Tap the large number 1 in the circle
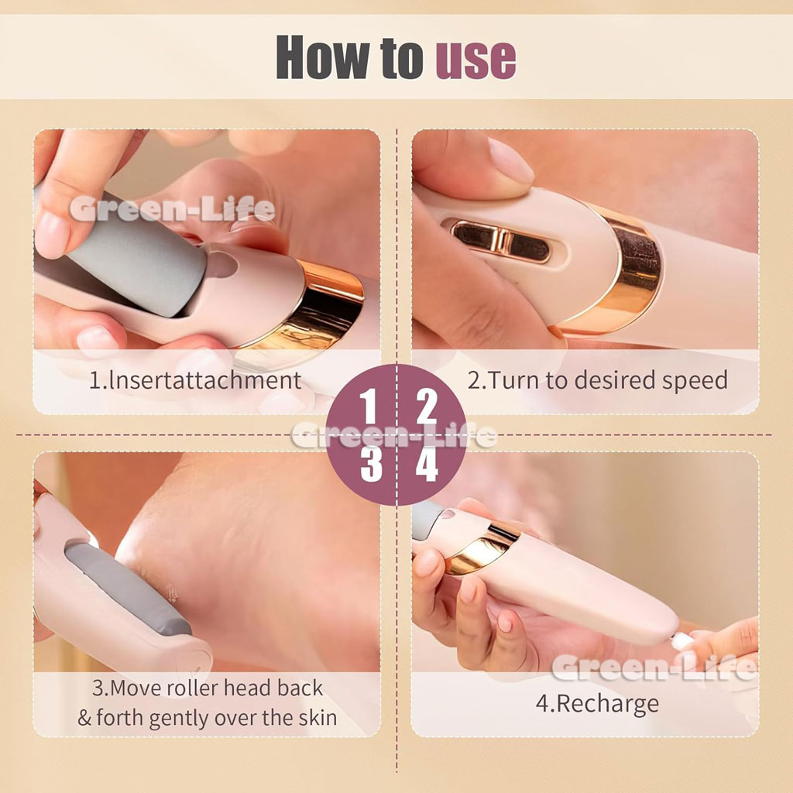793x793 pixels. pos(368,406)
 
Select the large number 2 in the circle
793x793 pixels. pos(427,406)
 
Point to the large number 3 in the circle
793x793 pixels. pos(371,465)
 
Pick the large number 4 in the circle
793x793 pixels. pos(427,465)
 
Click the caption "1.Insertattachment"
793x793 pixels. pos(195,380)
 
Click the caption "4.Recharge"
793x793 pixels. pos(597,704)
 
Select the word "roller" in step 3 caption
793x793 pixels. pos(193,688)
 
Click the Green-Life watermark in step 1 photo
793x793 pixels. pos(172,209)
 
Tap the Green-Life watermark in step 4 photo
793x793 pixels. pos(654,667)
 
